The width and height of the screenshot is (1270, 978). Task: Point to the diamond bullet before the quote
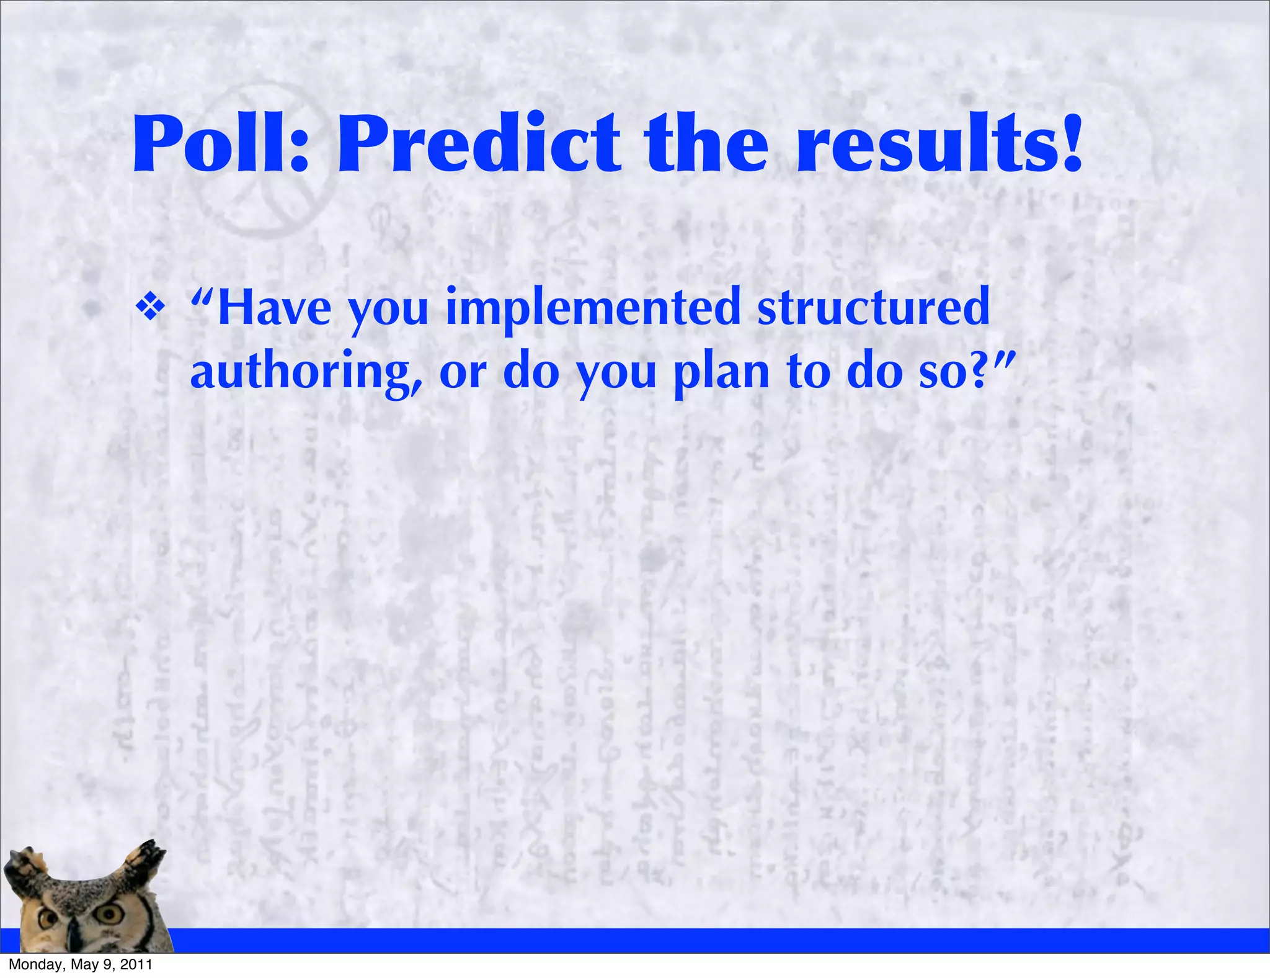pyautogui.click(x=150, y=308)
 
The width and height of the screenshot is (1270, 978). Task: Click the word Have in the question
pyautogui.click(x=273, y=308)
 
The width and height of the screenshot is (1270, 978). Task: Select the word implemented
pyautogui.click(x=593, y=308)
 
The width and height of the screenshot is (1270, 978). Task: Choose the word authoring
pyautogui.click(x=306, y=372)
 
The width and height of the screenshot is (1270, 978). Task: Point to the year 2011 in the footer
pyautogui.click(x=136, y=965)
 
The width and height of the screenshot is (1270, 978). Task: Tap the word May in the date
pyautogui.click(x=85, y=965)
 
